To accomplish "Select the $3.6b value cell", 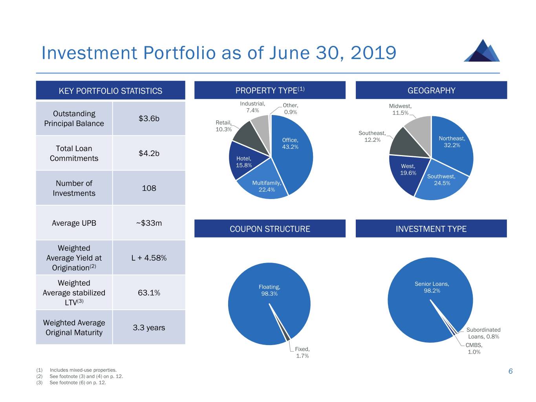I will [149, 119].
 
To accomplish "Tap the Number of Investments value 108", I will [149, 188].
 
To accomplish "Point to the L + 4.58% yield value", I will [149, 258].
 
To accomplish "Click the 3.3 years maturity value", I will [149, 328].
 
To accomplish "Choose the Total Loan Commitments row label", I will [74, 153].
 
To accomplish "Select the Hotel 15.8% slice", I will [243, 161].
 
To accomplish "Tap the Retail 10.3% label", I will [224, 126].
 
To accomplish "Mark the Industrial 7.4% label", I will [252, 107].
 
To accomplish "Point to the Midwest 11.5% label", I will [400, 110].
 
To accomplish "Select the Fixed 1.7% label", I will [302, 353].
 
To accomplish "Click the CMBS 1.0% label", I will [474, 349].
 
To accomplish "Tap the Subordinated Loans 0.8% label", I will [483, 333].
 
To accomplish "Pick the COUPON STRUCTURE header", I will [270, 229].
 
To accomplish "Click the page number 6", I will [510, 371].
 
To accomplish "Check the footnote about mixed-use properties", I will [83, 370].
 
